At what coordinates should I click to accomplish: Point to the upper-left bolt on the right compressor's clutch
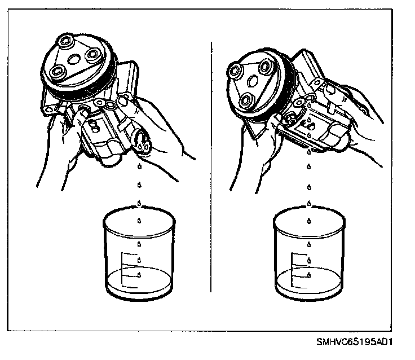[233, 70]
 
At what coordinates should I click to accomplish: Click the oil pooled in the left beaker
[139, 280]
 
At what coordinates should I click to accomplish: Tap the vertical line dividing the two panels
[211, 169]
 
